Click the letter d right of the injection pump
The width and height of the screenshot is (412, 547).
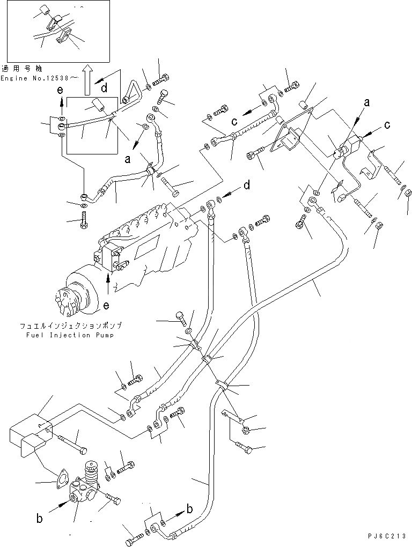point(246,186)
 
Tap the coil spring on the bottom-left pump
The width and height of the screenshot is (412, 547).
point(91,475)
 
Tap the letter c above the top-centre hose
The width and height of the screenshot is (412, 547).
point(234,122)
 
